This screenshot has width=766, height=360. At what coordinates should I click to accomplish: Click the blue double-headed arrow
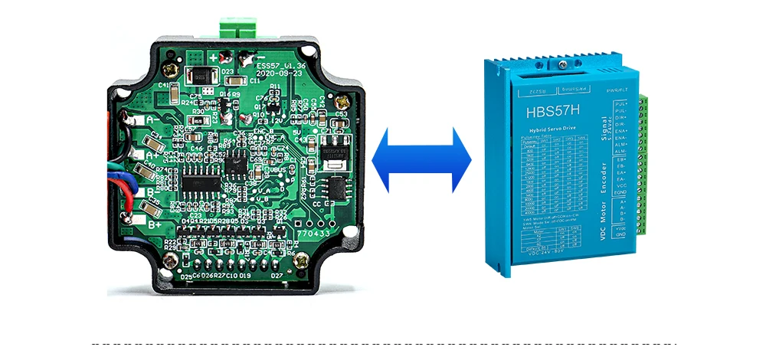(x=421, y=159)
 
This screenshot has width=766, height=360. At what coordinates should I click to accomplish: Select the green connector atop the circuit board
(x=238, y=26)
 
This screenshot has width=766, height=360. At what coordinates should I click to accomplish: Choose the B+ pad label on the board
(x=154, y=224)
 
